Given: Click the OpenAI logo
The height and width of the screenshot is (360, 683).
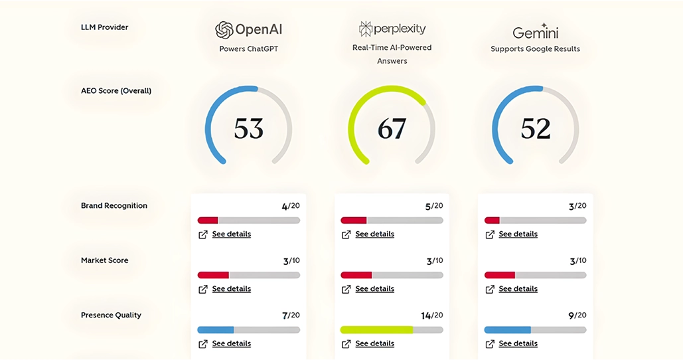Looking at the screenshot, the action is pos(249,30).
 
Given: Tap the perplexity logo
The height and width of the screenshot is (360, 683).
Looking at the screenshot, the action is pos(392,29).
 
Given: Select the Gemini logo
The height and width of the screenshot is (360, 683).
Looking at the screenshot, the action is pos(536,31).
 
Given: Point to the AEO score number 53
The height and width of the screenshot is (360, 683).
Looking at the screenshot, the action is pos(249,129).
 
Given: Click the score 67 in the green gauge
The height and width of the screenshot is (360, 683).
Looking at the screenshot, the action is pos(392,129).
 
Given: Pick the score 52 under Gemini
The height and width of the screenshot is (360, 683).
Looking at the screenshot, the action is pos(536,129).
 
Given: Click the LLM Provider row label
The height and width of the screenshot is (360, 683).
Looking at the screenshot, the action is pos(105,27).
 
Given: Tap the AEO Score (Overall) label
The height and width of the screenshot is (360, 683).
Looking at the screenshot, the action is pos(116,90).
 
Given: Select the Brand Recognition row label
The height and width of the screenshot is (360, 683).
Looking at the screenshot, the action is pos(114,206).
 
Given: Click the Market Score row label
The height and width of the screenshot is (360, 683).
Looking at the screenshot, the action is pos(105,260).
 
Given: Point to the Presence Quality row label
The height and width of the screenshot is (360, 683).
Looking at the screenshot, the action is pos(111,315).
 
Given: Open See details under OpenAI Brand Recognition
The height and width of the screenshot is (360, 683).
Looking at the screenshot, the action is pos(231,234).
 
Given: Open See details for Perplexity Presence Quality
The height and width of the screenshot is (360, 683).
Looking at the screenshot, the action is pos(374,343).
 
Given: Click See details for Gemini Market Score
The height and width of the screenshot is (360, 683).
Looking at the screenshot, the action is pos(518,288).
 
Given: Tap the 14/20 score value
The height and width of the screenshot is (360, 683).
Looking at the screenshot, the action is pos(432,315).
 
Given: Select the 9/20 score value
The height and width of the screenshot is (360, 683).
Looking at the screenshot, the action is pos(577,315).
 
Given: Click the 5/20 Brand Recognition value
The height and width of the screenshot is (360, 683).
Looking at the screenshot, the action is pos(434,206).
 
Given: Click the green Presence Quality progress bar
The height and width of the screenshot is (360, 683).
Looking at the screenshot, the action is pos(392,330).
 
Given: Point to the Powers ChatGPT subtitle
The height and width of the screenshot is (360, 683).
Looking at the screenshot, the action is pos(249,48).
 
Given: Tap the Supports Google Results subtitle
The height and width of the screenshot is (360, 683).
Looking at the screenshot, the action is pos(536,48).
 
